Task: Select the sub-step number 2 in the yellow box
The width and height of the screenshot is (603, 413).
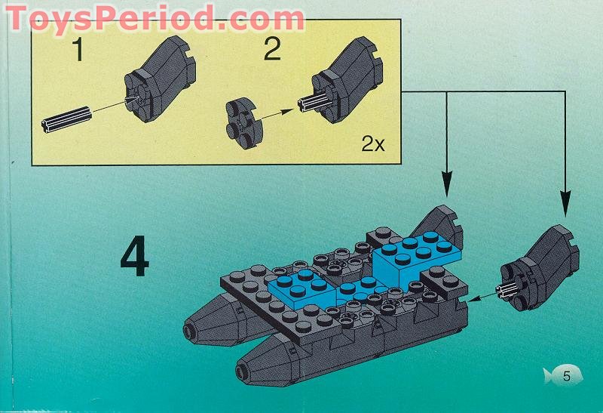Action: point(272,51)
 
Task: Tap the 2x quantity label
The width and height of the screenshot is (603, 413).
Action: point(372,143)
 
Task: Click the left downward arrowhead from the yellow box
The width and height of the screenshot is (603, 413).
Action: point(447,182)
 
